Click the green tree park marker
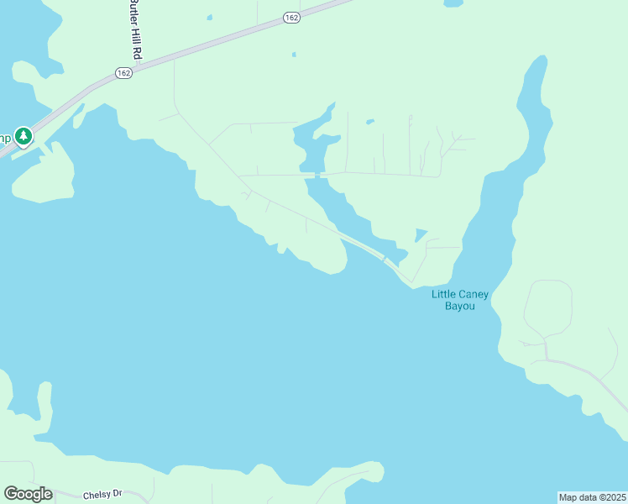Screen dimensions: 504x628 (24, 136)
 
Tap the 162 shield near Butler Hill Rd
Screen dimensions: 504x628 (123, 74)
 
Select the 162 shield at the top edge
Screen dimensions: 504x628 (291, 18)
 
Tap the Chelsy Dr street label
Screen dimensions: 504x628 (103, 495)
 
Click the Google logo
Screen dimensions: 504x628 (28, 494)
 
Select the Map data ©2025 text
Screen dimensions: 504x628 (592, 497)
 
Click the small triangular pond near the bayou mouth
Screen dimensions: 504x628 (420, 234)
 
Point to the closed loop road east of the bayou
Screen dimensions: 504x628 (548, 308)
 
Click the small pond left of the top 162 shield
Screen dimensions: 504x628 (209, 17)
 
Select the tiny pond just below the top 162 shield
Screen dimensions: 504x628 (294, 55)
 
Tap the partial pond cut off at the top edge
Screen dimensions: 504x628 (453, 3)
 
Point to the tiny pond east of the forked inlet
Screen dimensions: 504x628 (370, 122)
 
